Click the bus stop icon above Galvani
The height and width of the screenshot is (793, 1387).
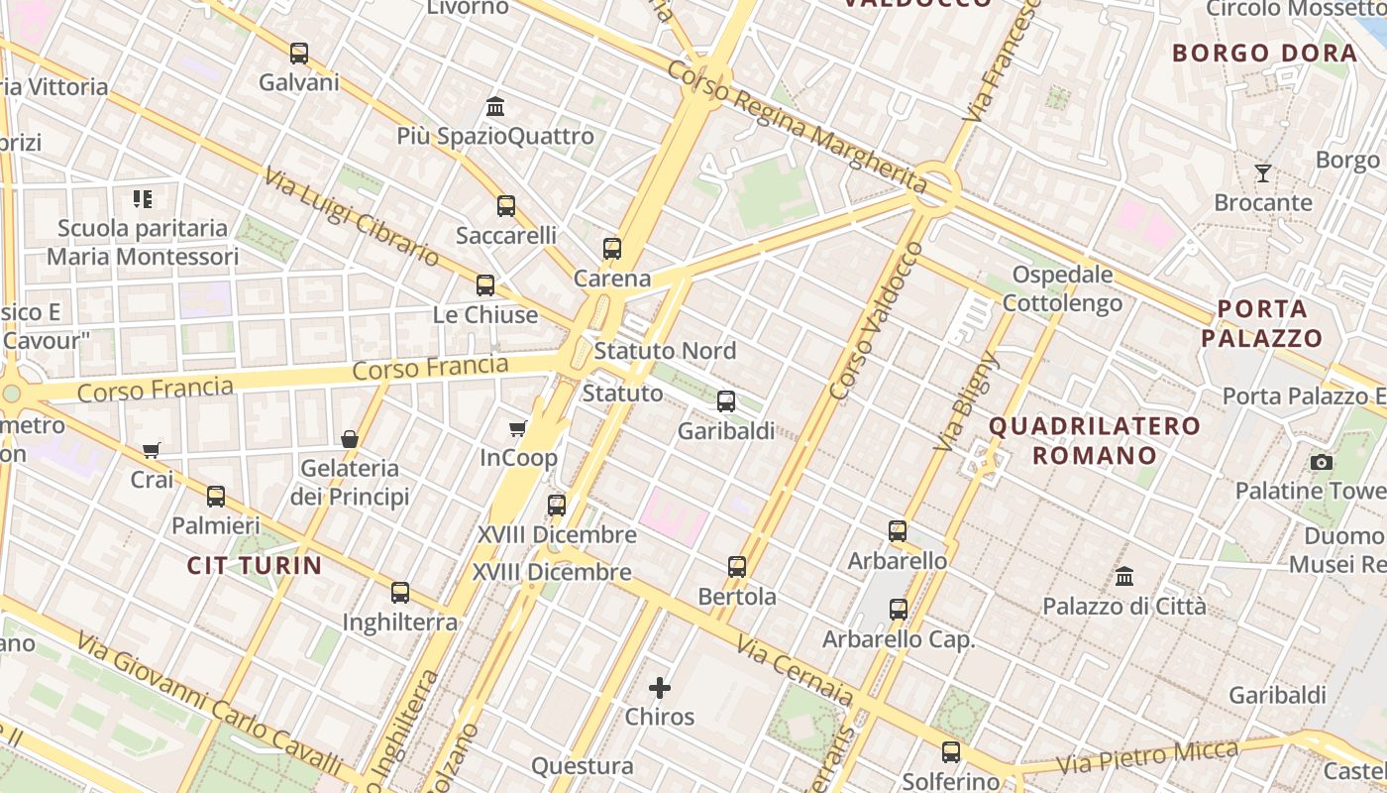pyautogui.click(x=299, y=53)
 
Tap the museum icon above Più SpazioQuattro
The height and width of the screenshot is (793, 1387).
pyautogui.click(x=495, y=106)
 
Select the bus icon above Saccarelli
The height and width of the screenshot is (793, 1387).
pyautogui.click(x=506, y=206)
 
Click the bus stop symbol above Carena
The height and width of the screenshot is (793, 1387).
pyautogui.click(x=612, y=249)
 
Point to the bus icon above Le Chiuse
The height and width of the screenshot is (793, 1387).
pyautogui.click(x=485, y=285)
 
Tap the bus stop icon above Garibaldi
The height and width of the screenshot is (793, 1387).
pyautogui.click(x=726, y=401)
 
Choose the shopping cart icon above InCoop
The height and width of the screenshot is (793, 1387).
pyautogui.click(x=517, y=428)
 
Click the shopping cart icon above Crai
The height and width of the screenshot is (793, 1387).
pyautogui.click(x=152, y=450)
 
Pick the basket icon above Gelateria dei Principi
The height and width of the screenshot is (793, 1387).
pyautogui.click(x=350, y=438)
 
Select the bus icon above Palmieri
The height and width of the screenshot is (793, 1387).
pyautogui.click(x=216, y=497)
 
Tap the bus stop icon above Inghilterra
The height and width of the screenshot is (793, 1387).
pyautogui.click(x=400, y=593)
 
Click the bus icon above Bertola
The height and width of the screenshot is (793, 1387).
pyautogui.click(x=737, y=567)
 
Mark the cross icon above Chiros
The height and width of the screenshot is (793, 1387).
pyautogui.click(x=660, y=687)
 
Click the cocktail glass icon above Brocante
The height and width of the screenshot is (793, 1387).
pyautogui.click(x=1263, y=173)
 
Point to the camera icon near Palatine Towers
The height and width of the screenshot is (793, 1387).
pyautogui.click(x=1321, y=462)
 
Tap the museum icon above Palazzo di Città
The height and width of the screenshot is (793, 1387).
pyautogui.click(x=1124, y=576)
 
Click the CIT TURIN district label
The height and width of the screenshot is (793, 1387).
pyautogui.click(x=255, y=566)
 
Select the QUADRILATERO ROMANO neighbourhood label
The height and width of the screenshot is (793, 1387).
pyautogui.click(x=1095, y=441)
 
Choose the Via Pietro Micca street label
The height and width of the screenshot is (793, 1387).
pyautogui.click(x=1148, y=756)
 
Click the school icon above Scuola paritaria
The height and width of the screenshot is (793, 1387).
pyautogui.click(x=143, y=199)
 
